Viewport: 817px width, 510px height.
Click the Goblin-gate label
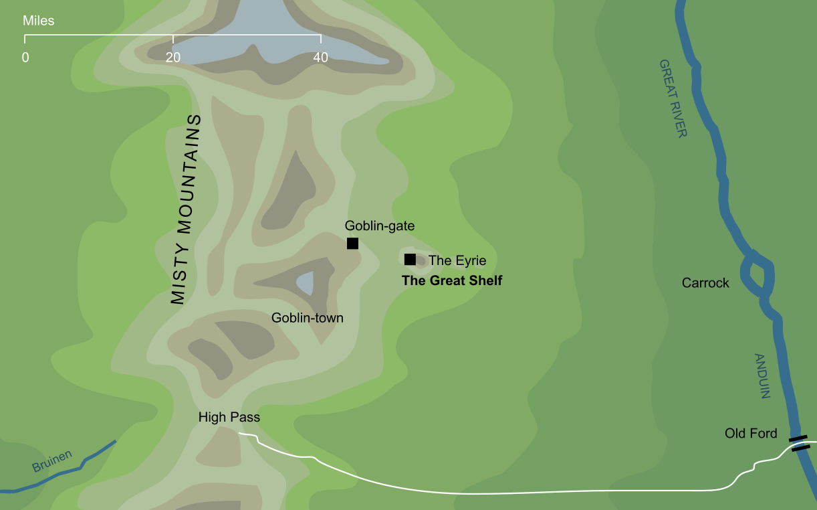click(x=379, y=226)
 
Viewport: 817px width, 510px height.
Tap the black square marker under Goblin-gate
click(x=352, y=244)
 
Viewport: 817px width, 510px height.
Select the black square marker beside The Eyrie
click(x=410, y=260)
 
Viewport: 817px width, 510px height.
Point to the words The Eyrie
click(x=457, y=260)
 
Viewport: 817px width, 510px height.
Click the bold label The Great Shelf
click(x=451, y=281)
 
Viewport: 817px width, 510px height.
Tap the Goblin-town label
click(x=307, y=318)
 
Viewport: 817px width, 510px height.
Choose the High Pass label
click(x=229, y=418)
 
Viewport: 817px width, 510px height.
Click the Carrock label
click(x=705, y=283)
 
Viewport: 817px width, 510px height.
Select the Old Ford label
click(x=751, y=434)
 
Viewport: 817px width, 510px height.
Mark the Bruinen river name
click(x=52, y=461)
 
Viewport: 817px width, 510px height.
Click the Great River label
click(x=673, y=98)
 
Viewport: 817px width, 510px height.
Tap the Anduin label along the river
click(x=762, y=375)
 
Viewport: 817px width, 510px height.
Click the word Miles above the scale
click(x=39, y=21)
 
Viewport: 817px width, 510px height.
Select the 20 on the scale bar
click(x=172, y=58)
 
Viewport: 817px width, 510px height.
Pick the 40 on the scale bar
click(x=320, y=58)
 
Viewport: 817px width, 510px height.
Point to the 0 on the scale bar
click(x=25, y=58)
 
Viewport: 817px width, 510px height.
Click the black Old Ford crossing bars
click(x=800, y=443)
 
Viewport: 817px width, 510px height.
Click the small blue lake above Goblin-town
click(x=305, y=283)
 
